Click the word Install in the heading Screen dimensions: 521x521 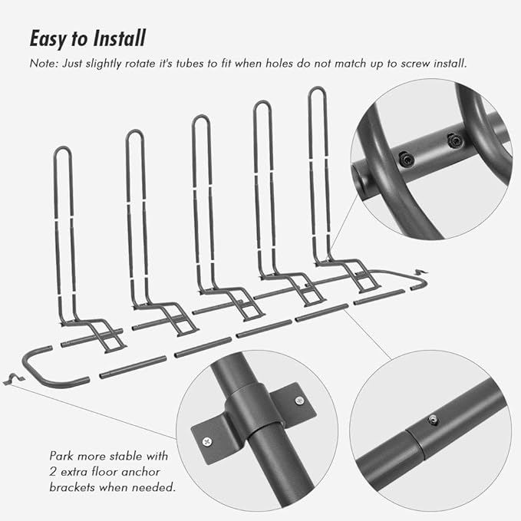pos(119,38)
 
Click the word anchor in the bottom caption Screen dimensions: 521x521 pos(141,472)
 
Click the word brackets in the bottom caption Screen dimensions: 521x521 pos(71,487)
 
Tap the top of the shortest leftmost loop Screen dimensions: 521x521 pos(62,147)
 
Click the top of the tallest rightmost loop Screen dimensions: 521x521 pos(317,87)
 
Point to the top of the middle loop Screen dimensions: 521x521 pos(200,116)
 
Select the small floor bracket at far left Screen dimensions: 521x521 pos(13,379)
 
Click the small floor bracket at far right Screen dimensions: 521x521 pos(420,272)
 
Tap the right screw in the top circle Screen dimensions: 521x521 pos(454,140)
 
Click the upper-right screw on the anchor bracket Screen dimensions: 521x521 pos(300,401)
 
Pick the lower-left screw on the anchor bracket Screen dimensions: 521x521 pos(207,441)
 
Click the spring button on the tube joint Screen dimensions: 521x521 pos(433,420)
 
